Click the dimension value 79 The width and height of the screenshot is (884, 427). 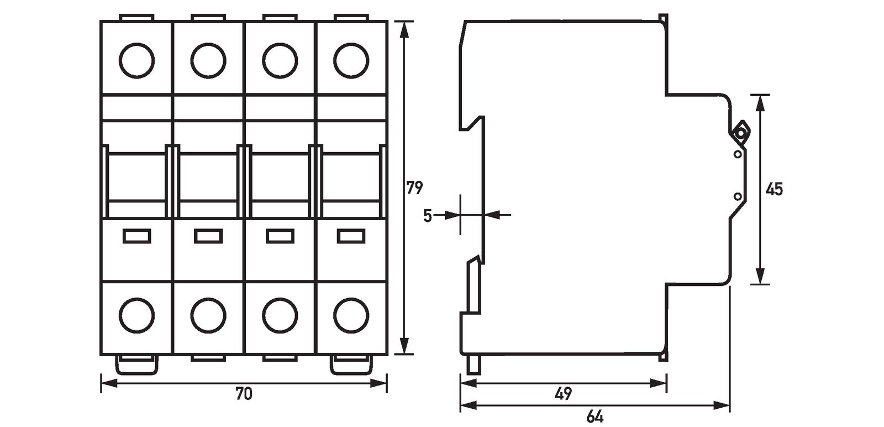(414, 188)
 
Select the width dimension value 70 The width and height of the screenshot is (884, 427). (244, 394)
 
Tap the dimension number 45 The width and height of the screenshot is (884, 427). (774, 189)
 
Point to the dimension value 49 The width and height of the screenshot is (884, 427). (563, 394)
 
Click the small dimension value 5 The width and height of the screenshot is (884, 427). (428, 215)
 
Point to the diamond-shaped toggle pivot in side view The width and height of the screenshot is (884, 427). (739, 133)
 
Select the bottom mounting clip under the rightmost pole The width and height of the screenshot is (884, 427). (351, 364)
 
